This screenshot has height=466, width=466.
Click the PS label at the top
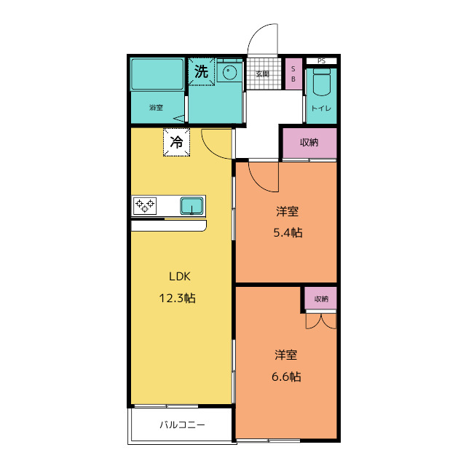(x=322, y=61)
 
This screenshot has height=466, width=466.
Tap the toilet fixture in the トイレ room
(x=322, y=82)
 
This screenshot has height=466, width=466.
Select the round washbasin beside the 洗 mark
(x=229, y=72)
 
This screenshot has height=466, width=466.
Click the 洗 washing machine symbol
(x=201, y=71)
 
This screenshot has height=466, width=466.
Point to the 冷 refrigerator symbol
(x=176, y=142)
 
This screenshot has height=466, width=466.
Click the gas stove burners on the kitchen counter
(x=145, y=205)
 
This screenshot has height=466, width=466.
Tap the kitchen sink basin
(x=192, y=205)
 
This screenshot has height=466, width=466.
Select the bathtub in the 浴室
(x=157, y=74)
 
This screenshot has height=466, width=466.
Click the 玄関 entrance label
(x=262, y=74)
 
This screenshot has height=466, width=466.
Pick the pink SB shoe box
(x=293, y=74)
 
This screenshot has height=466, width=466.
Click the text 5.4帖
(x=288, y=232)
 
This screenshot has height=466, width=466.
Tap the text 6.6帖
(x=286, y=376)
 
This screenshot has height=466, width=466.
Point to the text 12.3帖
(x=178, y=298)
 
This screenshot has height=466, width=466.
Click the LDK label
(x=180, y=277)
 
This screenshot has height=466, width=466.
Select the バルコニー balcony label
(x=182, y=424)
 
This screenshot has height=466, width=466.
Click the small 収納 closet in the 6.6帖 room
(x=321, y=299)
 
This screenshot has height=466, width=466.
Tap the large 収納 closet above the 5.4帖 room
(x=309, y=143)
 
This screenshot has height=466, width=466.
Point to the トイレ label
(x=321, y=108)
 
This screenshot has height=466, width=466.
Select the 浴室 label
(x=156, y=108)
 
